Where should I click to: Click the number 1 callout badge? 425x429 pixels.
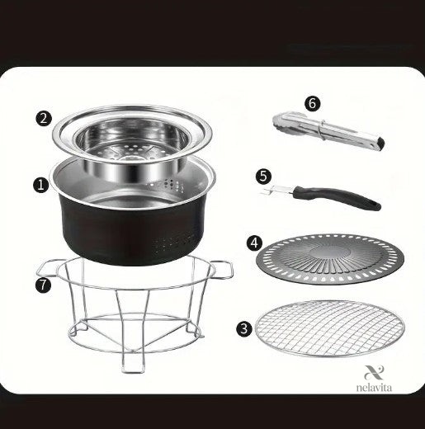[x=41, y=185]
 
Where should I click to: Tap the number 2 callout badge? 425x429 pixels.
[x=44, y=119]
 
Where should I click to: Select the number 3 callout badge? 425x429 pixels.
[x=244, y=328]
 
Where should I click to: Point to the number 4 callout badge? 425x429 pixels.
[x=254, y=243]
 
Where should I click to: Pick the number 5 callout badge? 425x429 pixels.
[x=263, y=177]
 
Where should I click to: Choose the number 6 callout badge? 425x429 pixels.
[x=312, y=104]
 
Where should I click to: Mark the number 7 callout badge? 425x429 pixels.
[x=43, y=285]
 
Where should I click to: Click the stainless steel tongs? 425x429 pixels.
[x=328, y=130]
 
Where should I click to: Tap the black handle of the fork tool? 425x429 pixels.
[x=337, y=196]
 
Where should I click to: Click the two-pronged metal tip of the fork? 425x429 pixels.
[x=276, y=190]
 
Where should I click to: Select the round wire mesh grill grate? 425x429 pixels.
[x=330, y=328]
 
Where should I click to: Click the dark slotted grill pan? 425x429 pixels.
[x=330, y=260]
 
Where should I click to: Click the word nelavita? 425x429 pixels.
[x=374, y=388]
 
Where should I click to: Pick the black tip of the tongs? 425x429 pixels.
[x=381, y=143]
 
